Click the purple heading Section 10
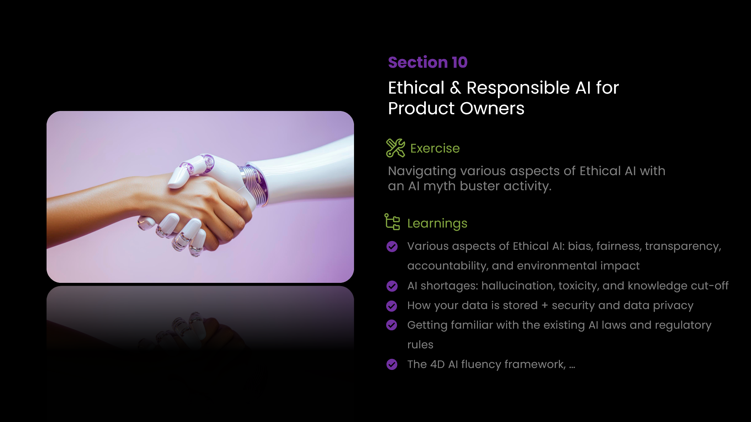pyautogui.click(x=428, y=62)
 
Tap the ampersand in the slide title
pyautogui.click(x=455, y=88)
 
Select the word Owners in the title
pyautogui.click(x=492, y=108)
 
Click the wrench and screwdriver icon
pyautogui.click(x=396, y=148)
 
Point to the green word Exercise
pyautogui.click(x=435, y=148)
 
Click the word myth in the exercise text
pyautogui.click(x=440, y=186)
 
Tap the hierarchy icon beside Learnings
pyautogui.click(x=392, y=222)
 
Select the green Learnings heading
pyautogui.click(x=437, y=224)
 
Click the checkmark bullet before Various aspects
pyautogui.click(x=392, y=247)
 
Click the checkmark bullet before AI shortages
pyautogui.click(x=392, y=286)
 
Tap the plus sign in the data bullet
pyautogui.click(x=545, y=305)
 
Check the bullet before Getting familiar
pyautogui.click(x=392, y=325)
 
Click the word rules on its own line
pyautogui.click(x=420, y=345)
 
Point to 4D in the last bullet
pyautogui.click(x=437, y=364)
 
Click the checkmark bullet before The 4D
pyautogui.click(x=392, y=364)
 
